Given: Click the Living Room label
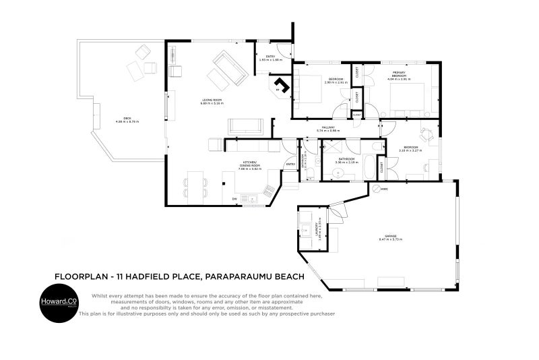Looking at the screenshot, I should click(x=211, y=100).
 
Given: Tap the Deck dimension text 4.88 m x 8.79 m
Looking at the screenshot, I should click(x=127, y=122).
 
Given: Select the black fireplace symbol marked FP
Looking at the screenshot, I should click(x=282, y=86).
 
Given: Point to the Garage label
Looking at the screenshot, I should click(x=389, y=236).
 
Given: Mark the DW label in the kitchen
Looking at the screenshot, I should click(x=234, y=199).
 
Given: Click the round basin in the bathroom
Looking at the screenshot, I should click(x=337, y=175).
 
